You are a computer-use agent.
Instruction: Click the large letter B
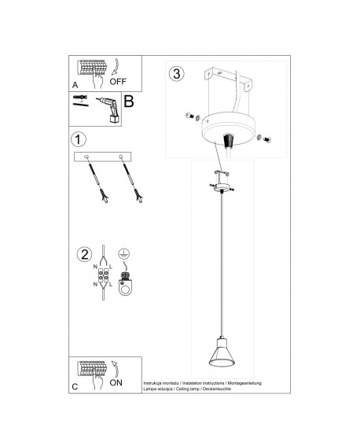130,101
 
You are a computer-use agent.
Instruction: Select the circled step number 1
78,140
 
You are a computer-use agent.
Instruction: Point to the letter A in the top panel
75,83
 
